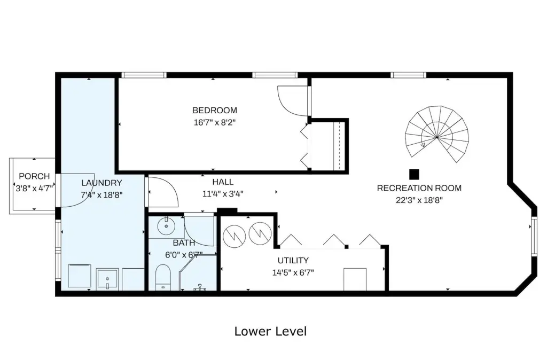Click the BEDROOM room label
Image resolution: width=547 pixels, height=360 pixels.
(215, 110)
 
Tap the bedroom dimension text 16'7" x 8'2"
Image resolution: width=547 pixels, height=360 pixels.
(215, 122)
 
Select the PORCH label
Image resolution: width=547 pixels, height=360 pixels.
(34, 176)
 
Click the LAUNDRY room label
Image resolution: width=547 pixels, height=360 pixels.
(101, 183)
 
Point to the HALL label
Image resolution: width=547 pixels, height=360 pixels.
(223, 182)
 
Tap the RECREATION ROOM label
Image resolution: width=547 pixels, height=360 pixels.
(419, 188)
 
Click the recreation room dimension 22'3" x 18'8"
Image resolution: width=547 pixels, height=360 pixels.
(419, 200)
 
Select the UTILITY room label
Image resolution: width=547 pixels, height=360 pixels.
(293, 260)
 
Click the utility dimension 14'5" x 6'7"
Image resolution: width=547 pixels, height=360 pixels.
(293, 272)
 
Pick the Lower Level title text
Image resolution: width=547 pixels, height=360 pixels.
(270, 331)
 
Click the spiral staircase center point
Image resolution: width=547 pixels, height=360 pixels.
(437, 137)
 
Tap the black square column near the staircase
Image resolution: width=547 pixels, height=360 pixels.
(414, 174)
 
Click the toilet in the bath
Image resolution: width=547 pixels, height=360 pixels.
(163, 277)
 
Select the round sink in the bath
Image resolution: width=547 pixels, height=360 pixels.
(167, 226)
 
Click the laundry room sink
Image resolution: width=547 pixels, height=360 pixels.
(107, 279)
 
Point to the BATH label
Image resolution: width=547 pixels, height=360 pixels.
(184, 243)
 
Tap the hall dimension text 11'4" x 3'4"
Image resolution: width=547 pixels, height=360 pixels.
(223, 194)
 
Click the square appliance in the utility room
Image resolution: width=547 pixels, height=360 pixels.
(355, 279)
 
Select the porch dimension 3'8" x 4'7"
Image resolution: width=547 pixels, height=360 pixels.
(34, 189)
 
